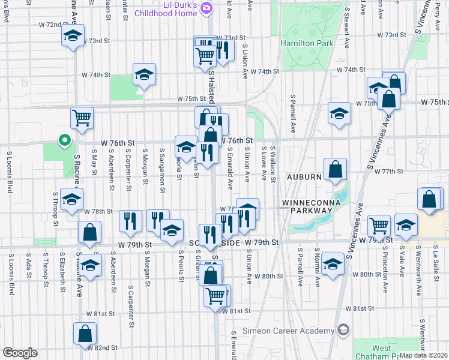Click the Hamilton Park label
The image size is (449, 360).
(305, 43)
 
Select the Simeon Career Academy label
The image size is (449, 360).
(288, 331)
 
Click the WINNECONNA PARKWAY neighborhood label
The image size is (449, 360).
(312, 207)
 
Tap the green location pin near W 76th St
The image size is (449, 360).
(65, 141)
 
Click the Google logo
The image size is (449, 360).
(20, 353)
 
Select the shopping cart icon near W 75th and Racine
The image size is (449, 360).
(82, 118)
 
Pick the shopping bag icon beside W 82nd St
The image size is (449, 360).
(85, 334)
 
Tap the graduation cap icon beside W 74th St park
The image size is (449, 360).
(144, 74)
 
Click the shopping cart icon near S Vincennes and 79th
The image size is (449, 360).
(379, 226)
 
